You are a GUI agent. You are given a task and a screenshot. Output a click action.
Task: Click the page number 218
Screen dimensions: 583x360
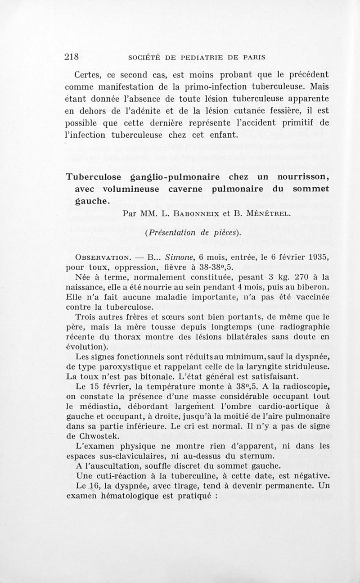click(x=72, y=57)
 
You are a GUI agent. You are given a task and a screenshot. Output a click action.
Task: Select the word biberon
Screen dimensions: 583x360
click(x=312, y=287)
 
